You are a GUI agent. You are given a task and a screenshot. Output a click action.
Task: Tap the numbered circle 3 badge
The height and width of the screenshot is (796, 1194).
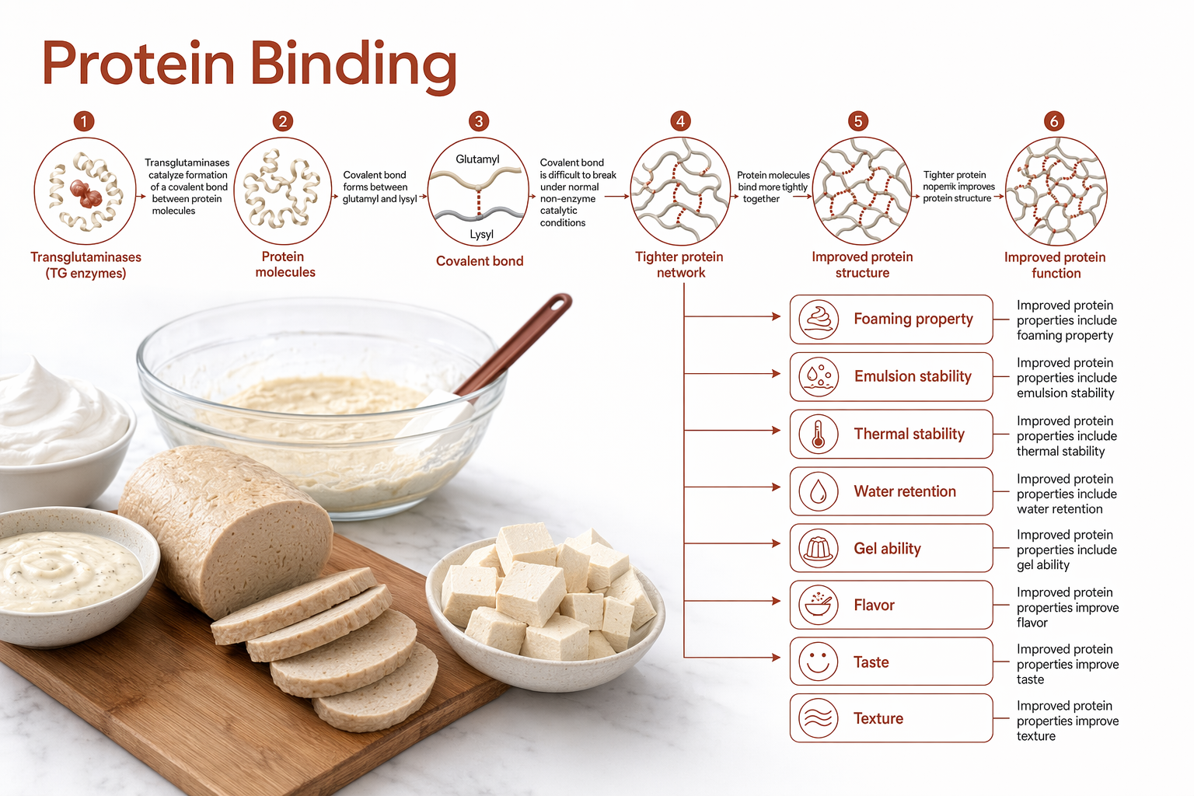[479, 121]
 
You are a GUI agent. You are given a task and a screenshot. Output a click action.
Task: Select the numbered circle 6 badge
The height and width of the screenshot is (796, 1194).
[1054, 121]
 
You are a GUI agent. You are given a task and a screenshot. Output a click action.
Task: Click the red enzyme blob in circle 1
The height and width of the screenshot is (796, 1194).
[86, 193]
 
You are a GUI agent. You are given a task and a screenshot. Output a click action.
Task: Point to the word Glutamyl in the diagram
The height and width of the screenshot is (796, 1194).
[477, 159]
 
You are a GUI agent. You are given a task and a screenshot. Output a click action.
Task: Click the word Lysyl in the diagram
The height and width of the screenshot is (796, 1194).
[481, 234]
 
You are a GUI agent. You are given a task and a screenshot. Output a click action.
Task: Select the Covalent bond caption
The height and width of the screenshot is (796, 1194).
[480, 260]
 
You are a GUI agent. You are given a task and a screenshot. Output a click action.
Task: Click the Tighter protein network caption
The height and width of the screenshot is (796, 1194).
[679, 264]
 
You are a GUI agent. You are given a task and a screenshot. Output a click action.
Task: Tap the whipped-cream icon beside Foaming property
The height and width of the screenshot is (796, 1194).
[819, 319]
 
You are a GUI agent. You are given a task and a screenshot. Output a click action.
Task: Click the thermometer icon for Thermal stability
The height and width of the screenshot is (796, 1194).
[819, 434]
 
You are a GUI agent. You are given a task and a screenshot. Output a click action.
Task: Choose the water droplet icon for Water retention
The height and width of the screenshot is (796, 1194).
[819, 491]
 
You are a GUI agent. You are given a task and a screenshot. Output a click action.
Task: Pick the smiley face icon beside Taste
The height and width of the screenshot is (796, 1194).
[819, 662]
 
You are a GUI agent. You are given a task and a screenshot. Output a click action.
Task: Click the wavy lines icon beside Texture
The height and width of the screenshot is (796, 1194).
[819, 718]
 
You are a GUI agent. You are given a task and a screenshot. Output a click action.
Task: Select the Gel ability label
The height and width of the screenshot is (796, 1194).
[888, 549]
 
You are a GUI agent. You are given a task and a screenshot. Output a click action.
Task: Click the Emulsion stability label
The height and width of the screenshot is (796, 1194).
[913, 376]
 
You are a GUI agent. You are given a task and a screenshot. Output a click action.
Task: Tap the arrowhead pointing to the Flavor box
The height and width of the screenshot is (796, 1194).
[777, 601]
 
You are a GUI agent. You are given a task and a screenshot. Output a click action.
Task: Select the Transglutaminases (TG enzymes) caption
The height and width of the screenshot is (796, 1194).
[86, 265]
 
